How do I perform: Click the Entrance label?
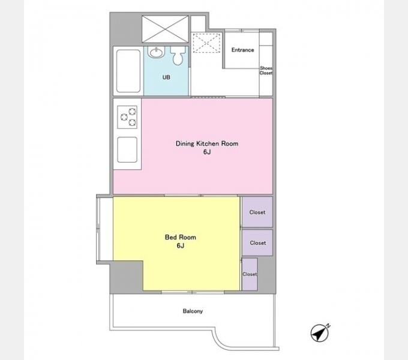[x=242, y=50]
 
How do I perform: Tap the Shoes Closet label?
[x=266, y=70]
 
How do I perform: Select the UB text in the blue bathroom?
[x=166, y=77]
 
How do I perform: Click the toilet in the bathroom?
[x=178, y=55]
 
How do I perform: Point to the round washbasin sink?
[x=156, y=52]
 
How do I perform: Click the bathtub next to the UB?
[x=128, y=71]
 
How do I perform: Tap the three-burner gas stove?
[x=127, y=117]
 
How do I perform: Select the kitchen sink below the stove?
[x=127, y=149]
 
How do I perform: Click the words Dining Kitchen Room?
[x=207, y=143]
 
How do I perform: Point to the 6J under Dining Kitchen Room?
[x=207, y=152]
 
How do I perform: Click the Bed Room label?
[x=181, y=237]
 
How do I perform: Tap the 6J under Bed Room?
[x=181, y=245]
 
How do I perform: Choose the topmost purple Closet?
[x=257, y=212]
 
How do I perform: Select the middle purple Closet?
[x=257, y=242]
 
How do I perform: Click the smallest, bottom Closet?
[x=250, y=274]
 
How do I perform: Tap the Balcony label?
[x=193, y=311]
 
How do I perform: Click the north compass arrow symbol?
[x=320, y=332]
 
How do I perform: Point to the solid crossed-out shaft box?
[x=165, y=29]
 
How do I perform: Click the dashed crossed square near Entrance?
[x=206, y=43]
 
